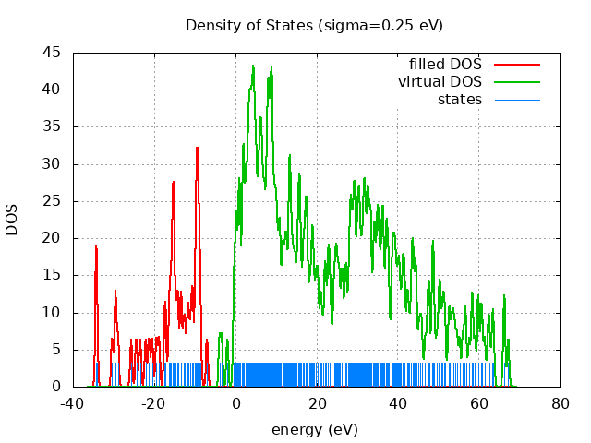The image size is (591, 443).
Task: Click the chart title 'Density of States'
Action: pos(249,25)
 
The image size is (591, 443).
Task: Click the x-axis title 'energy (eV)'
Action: pos(314,429)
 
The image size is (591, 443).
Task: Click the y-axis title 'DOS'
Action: pos(12,220)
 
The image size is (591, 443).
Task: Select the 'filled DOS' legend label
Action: pos(445,64)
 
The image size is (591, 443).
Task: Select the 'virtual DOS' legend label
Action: pos(440,81)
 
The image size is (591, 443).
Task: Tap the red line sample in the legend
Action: pos(517,64)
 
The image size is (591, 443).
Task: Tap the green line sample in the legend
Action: pos(517,81)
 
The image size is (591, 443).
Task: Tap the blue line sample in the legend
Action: pos(517,99)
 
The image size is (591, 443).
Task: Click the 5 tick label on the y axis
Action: pos(56,350)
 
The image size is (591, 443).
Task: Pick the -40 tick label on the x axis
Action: pos(74,403)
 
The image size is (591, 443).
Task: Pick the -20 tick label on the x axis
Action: pos(154,403)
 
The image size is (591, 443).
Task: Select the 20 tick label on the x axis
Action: pos(317,403)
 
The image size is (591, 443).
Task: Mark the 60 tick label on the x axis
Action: pos(479,403)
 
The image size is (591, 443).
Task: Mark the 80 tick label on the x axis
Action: pos(561,403)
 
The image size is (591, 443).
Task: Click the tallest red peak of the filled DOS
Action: pos(197,149)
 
